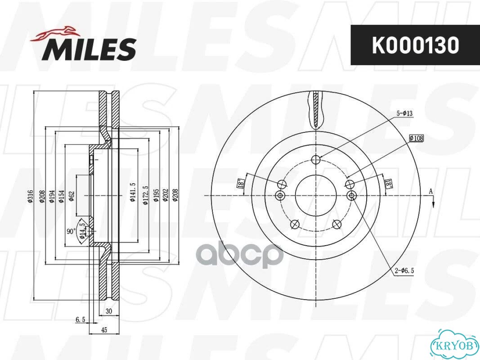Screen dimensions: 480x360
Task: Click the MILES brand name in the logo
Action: [x=89, y=49]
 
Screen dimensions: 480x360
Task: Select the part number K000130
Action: [x=415, y=45]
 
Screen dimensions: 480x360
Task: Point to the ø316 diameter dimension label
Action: [x=30, y=196]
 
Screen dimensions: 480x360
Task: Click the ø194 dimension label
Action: [x=52, y=196]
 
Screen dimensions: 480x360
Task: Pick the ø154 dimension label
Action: [x=61, y=196]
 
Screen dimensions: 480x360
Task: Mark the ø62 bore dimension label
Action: [x=72, y=196]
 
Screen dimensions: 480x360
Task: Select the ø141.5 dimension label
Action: [x=132, y=192]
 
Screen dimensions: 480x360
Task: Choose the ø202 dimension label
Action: [x=165, y=195]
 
